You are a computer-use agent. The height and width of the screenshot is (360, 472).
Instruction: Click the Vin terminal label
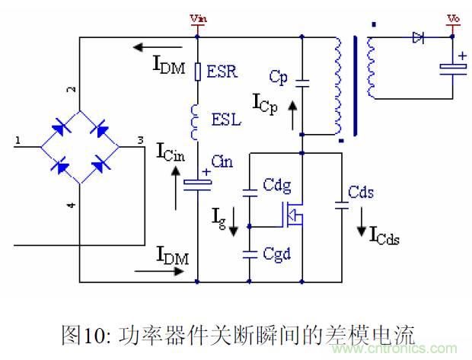coord(197,18)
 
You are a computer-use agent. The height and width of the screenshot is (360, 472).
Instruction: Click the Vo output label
coord(454,18)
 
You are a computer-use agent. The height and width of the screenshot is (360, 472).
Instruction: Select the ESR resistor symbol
coord(198,72)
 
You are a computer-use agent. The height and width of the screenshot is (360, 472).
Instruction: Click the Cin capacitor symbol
coord(198,182)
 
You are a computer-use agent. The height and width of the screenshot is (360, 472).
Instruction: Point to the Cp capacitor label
coord(278,76)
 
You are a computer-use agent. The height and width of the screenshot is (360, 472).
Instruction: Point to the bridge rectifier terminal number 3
coord(139,140)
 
